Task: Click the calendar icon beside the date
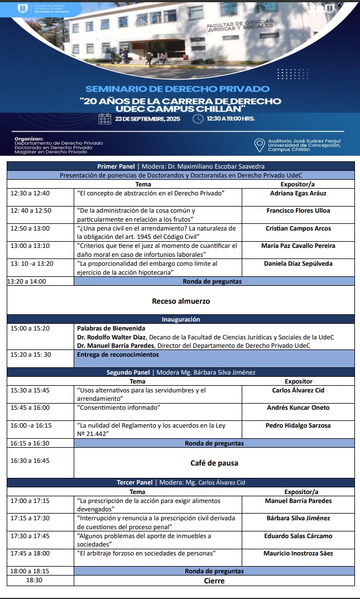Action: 104,119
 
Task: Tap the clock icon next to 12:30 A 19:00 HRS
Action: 198,119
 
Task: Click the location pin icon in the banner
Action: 259,145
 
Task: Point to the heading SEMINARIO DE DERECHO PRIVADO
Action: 177,89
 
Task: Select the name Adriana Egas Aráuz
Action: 298,193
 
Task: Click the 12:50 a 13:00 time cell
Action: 30,228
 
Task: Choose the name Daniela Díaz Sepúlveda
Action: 298,263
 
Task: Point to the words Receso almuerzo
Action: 181,301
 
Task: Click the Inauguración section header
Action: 180,319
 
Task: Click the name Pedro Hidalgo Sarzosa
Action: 298,425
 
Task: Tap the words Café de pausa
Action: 214,463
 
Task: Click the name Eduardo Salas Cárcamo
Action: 298,536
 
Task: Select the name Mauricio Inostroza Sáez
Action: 298,553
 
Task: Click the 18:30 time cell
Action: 35,581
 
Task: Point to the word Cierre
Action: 214,581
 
